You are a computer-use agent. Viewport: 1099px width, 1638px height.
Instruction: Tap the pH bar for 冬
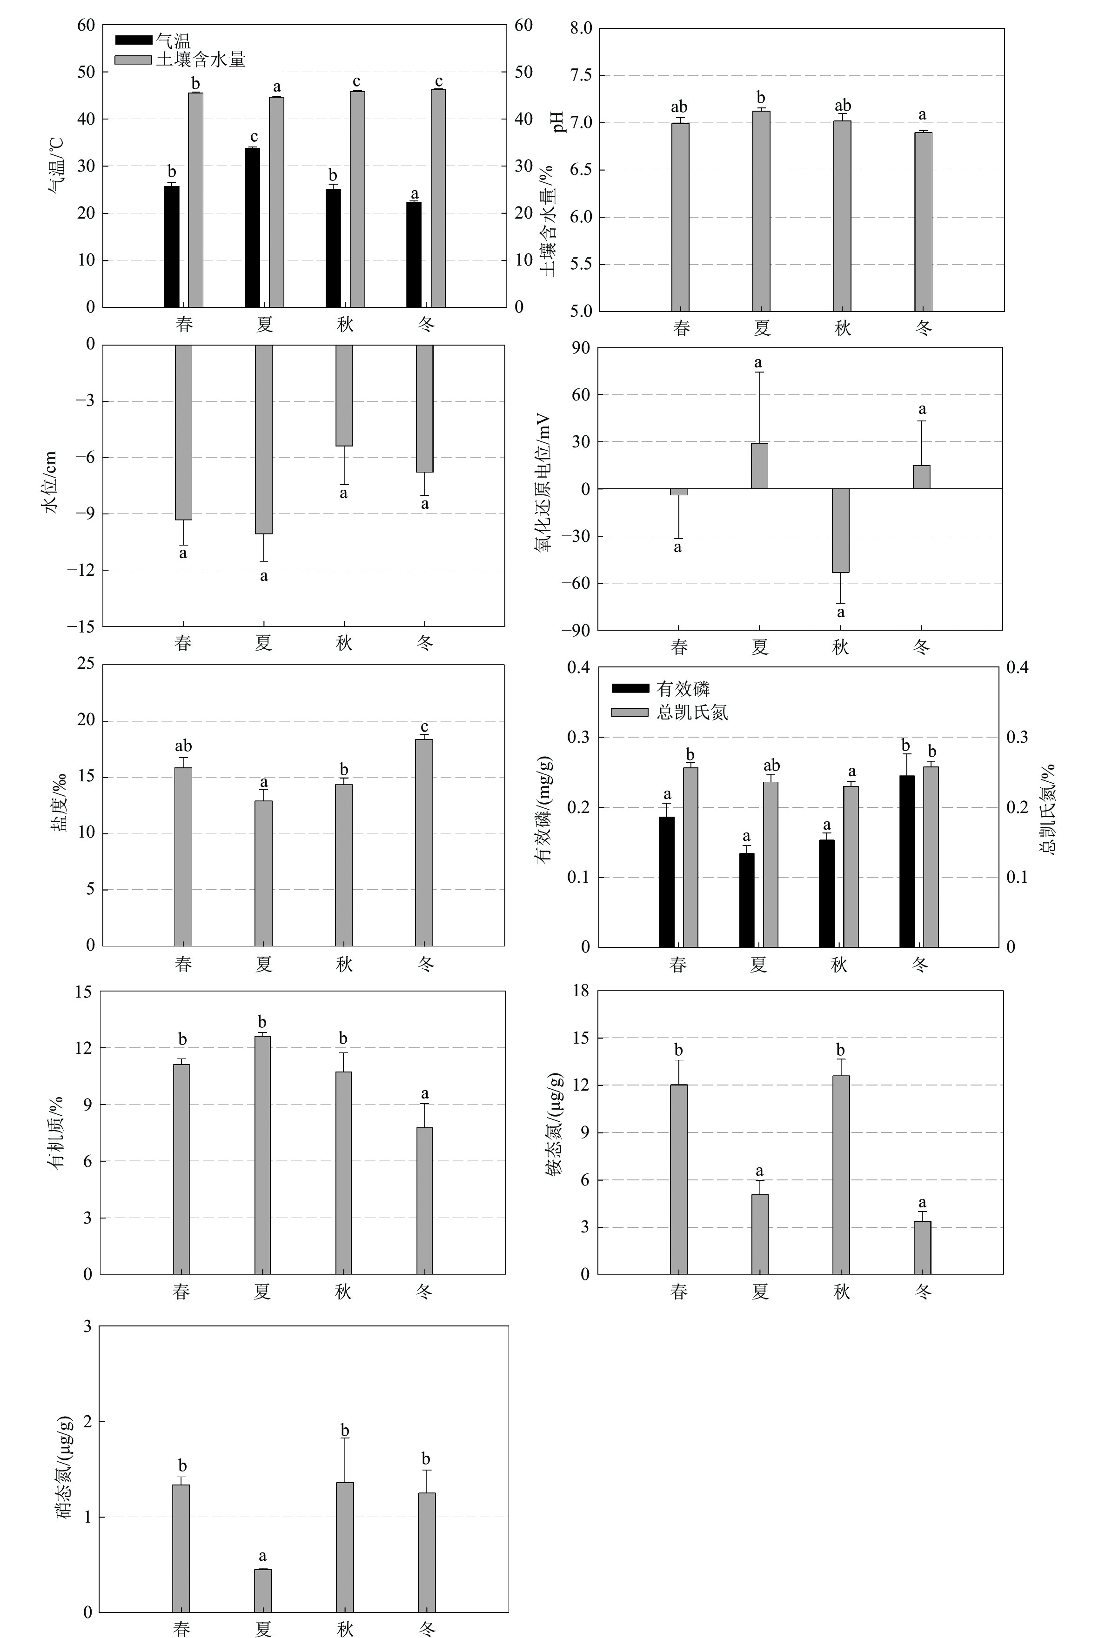[x=923, y=221]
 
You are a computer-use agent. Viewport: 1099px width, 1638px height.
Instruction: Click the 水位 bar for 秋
[x=343, y=395]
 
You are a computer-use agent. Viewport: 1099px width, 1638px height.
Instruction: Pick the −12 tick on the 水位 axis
[x=81, y=570]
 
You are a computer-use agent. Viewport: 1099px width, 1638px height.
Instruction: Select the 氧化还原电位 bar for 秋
[x=840, y=530]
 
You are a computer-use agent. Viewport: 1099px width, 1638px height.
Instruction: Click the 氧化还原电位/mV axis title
[x=544, y=483]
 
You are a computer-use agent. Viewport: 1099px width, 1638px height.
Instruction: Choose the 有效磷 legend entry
[x=683, y=689]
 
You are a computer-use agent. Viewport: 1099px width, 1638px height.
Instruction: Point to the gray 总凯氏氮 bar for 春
[x=690, y=857]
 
